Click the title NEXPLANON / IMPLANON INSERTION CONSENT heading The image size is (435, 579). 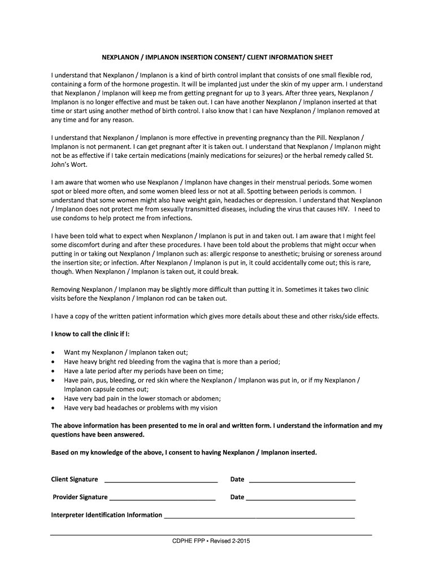[x=217, y=58]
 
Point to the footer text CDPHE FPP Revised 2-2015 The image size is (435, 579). [x=211, y=541]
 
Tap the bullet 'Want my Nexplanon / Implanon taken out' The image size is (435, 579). [x=126, y=352]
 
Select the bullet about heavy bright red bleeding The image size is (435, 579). [x=172, y=361]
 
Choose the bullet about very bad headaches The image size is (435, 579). [x=140, y=408]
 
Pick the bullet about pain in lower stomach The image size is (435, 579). [x=142, y=398]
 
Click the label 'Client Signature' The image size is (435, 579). [x=75, y=479]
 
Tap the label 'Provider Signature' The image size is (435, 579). [x=80, y=498]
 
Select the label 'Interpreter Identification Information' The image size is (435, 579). [x=107, y=515]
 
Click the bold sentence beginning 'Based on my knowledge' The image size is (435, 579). [x=184, y=453]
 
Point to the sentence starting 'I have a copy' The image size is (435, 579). [x=215, y=316]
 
